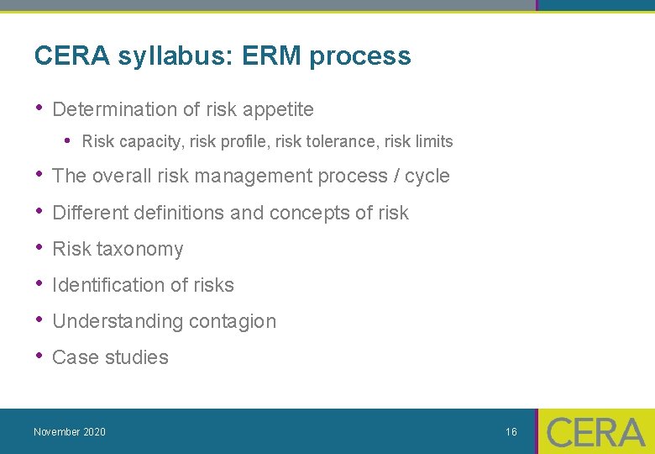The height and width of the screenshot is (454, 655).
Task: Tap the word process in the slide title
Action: [x=360, y=56]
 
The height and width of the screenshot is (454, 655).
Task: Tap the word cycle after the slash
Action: [x=427, y=177]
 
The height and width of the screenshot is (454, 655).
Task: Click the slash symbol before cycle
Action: [x=395, y=177]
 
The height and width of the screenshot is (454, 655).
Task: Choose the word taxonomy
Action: [x=140, y=250]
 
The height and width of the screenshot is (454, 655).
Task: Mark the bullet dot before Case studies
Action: [x=39, y=356]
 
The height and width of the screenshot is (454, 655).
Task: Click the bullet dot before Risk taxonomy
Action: [x=39, y=247]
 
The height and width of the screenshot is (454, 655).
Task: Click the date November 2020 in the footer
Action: [x=70, y=432]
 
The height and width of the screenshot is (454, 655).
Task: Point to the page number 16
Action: [x=511, y=432]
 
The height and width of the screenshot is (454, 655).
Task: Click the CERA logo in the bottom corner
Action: [x=595, y=431]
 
